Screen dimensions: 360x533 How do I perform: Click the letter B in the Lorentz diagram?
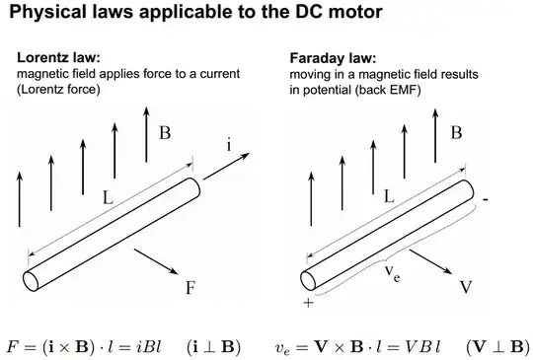click(165, 131)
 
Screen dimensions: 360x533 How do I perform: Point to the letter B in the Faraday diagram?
click(456, 131)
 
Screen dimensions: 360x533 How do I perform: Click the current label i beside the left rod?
click(230, 145)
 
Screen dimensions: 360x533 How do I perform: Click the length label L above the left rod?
click(108, 197)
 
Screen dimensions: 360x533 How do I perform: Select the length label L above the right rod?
click(391, 196)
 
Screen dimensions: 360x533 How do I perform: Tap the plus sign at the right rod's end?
click(308, 303)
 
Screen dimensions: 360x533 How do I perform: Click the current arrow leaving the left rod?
click(222, 167)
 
